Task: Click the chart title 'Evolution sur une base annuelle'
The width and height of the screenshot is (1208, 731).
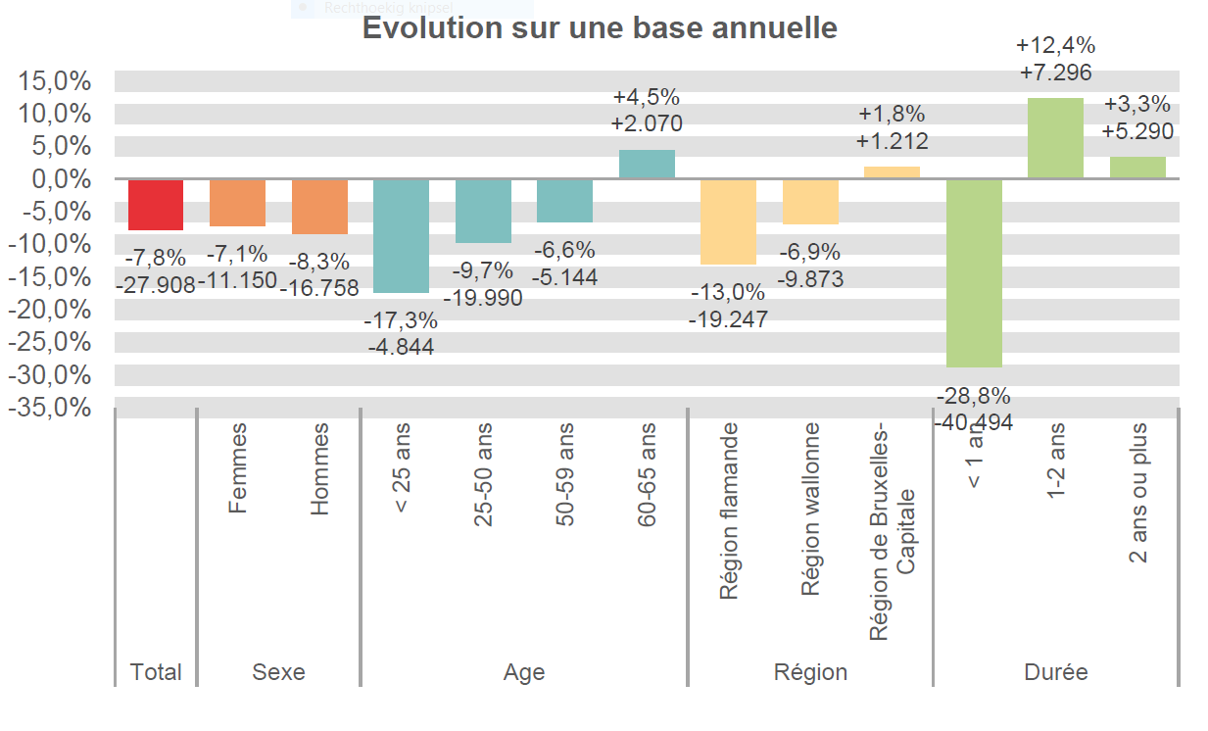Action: tap(600, 27)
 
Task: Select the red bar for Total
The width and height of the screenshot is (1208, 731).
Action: tap(156, 205)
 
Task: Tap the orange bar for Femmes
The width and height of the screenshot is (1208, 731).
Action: tap(238, 203)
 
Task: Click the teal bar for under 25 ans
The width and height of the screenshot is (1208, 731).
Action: tap(401, 236)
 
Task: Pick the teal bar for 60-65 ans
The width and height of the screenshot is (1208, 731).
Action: tap(647, 165)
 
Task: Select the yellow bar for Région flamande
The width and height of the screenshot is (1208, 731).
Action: tap(728, 221)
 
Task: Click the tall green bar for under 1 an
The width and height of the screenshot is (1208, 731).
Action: tap(974, 272)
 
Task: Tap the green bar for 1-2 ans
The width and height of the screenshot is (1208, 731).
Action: tap(1055, 138)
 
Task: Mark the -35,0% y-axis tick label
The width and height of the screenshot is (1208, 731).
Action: tap(51, 408)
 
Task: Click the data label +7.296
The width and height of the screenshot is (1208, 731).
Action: tap(1055, 72)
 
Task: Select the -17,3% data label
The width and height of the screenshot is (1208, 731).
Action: tap(401, 320)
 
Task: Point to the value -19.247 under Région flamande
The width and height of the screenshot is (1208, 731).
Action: tap(728, 318)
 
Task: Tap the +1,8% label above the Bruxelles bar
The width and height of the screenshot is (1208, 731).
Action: tap(892, 115)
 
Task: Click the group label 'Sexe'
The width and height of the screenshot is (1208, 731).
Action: tap(278, 672)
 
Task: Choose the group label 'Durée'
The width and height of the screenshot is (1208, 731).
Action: tap(1055, 672)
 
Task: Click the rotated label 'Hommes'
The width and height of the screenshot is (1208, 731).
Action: tap(319, 469)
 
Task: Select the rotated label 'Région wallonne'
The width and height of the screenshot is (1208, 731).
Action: tap(810, 510)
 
